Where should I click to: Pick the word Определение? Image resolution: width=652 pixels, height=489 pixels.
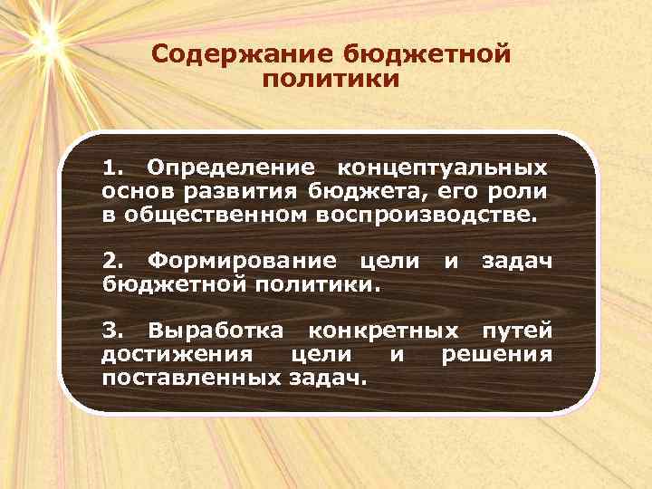[231, 168]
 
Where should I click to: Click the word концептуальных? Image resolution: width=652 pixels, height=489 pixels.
[441, 168]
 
